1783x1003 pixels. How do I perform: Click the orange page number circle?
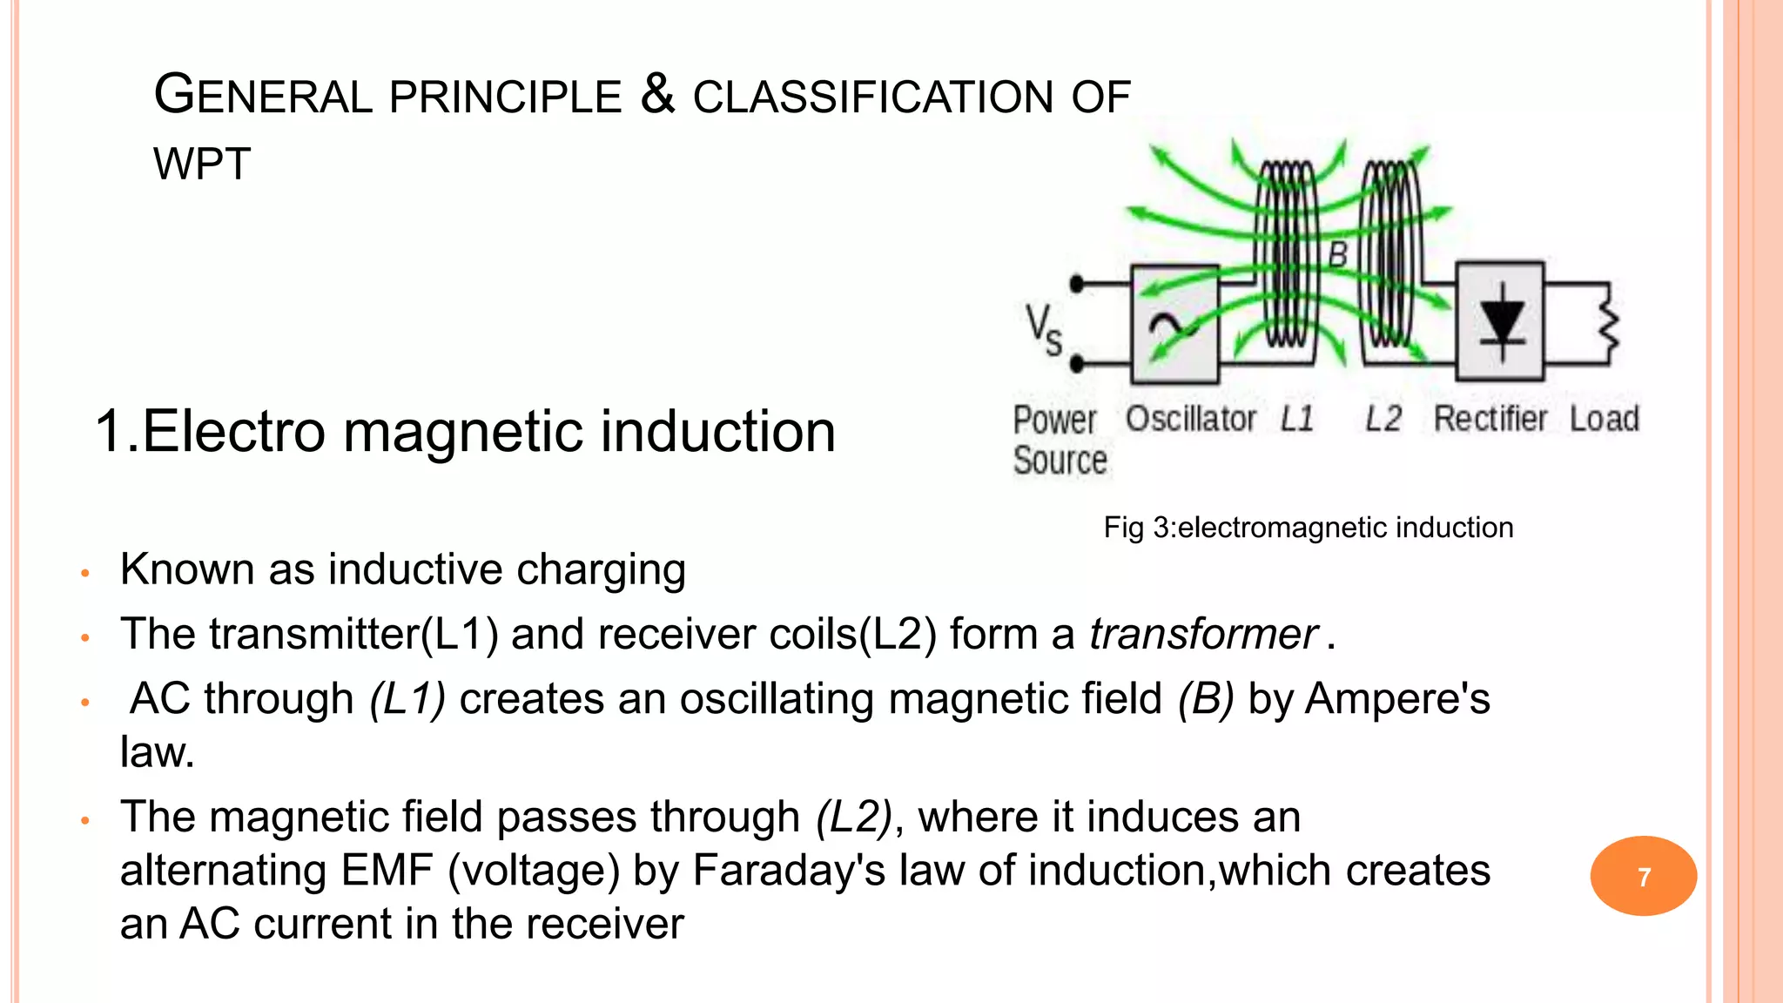[1643, 876]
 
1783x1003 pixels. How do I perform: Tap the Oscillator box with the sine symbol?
[1174, 325]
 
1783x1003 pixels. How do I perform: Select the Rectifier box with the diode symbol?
[1500, 321]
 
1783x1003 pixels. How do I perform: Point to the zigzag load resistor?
[1609, 324]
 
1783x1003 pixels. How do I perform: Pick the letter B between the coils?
[1337, 255]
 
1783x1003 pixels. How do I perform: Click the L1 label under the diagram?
[1296, 419]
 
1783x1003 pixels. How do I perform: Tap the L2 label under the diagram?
[1383, 419]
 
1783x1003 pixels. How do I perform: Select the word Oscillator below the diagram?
[1190, 419]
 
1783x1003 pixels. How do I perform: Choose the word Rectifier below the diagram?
[1490, 419]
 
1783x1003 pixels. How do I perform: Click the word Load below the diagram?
[1604, 419]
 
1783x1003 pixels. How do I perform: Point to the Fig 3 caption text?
[1308, 528]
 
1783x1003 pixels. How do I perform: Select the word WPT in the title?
[202, 164]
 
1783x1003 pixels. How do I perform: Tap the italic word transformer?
[1203, 634]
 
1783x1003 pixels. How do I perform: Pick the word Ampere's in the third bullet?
[1397, 698]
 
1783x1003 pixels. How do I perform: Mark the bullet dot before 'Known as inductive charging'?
[85, 573]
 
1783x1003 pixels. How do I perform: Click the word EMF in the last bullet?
[387, 870]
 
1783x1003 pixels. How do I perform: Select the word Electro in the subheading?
[233, 431]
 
